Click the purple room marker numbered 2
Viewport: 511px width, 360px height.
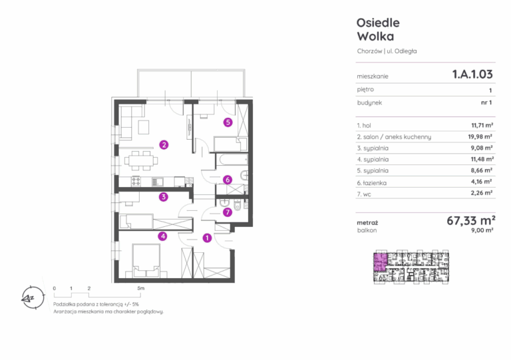click(164, 144)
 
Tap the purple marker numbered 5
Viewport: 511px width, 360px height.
click(228, 122)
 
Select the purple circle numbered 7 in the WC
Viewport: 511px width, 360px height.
click(227, 212)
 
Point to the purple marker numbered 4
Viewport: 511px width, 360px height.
click(162, 236)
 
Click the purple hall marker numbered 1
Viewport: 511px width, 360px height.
click(207, 238)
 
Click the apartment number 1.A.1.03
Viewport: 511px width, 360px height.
click(472, 75)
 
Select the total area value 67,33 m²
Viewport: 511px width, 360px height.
click(471, 220)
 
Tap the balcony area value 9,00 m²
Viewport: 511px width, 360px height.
click(482, 230)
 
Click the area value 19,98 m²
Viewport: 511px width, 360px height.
click(480, 136)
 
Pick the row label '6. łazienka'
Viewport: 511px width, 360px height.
click(371, 183)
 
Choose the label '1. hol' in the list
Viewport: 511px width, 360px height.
click(364, 125)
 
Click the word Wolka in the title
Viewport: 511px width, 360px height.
click(375, 36)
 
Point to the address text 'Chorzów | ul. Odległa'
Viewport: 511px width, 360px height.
click(387, 51)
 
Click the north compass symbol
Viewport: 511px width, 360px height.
click(32, 297)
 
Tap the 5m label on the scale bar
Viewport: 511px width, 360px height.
click(140, 288)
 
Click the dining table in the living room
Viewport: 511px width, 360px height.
click(142, 160)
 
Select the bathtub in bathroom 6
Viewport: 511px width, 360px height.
click(232, 160)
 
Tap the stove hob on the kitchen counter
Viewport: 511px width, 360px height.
click(136, 182)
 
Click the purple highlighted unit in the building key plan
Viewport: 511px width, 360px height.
click(380, 262)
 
